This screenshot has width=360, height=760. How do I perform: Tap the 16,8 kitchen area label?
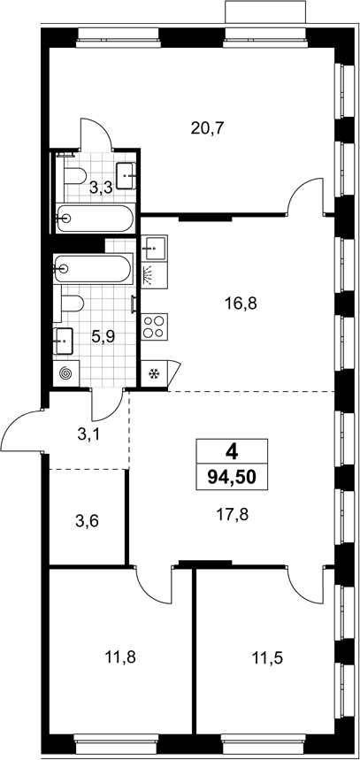(x=241, y=303)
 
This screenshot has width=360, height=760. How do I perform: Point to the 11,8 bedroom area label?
(x=120, y=657)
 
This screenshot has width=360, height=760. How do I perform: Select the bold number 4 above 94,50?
(x=232, y=452)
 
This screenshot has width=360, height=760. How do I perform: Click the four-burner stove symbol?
(x=155, y=326)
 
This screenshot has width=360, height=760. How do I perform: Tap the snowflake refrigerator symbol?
(x=154, y=373)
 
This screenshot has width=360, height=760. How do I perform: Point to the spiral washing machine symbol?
(x=65, y=373)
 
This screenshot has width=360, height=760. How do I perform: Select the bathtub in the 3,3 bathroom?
(x=94, y=219)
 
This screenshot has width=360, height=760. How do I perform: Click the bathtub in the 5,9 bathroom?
(x=93, y=268)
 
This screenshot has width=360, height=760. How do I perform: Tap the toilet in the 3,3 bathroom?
(x=75, y=175)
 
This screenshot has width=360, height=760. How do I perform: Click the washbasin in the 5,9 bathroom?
(x=63, y=342)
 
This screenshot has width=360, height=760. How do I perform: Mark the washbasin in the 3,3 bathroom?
(x=127, y=176)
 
